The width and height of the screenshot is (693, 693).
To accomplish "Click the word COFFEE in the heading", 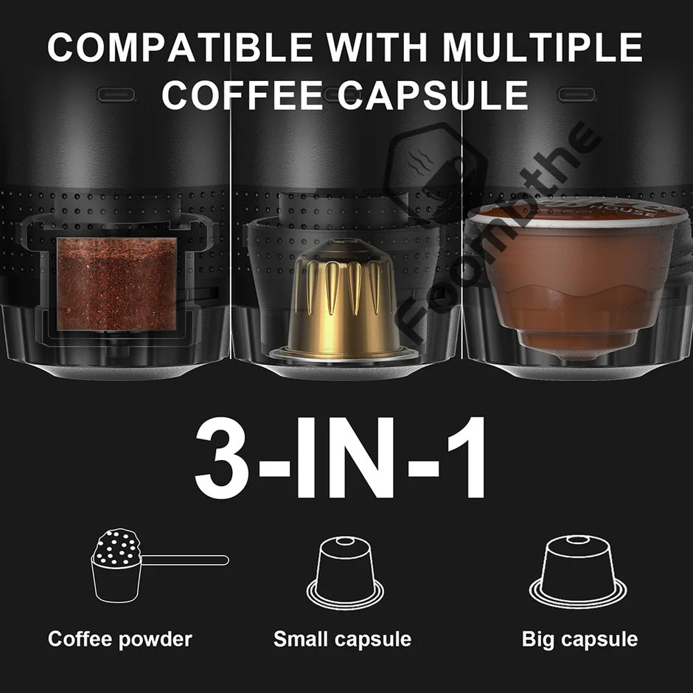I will pyautogui.click(x=241, y=95).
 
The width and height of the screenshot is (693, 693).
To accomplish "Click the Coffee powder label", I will pyautogui.click(x=120, y=638).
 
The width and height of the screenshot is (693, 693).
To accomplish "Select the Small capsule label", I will pyautogui.click(x=342, y=638).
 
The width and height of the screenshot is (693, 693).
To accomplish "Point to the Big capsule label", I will pyautogui.click(x=579, y=638).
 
